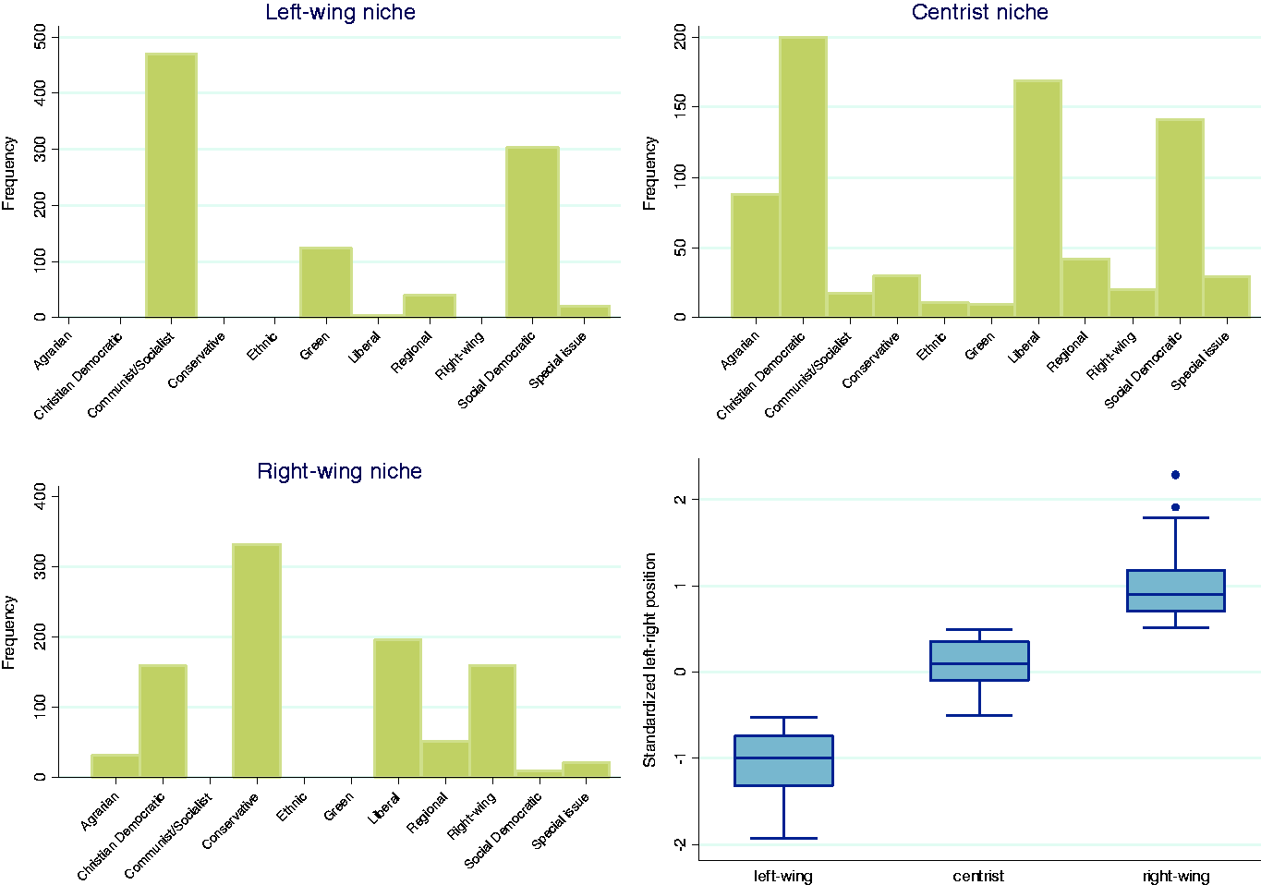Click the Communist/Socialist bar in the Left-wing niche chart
(x=171, y=185)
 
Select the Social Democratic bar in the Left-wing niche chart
(x=532, y=232)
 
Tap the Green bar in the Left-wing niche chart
(x=326, y=282)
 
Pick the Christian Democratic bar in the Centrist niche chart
(x=804, y=176)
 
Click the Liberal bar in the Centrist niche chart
(x=1038, y=199)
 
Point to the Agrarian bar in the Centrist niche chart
(x=756, y=256)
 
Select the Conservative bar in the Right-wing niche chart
(x=257, y=661)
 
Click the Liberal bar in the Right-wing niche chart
(x=398, y=709)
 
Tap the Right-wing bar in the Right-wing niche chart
(x=492, y=721)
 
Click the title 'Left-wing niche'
(x=340, y=12)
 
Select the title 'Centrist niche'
(x=979, y=12)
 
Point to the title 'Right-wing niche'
(x=339, y=471)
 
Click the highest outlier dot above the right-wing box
(x=1175, y=475)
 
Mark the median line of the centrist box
(x=979, y=663)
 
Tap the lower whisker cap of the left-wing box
(x=783, y=838)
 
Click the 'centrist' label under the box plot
(x=978, y=876)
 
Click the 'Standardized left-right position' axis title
(x=649, y=660)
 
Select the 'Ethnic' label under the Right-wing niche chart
(x=292, y=806)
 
